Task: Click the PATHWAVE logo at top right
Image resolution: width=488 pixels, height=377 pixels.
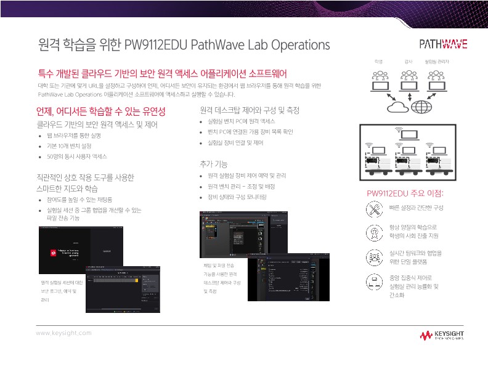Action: (442, 44)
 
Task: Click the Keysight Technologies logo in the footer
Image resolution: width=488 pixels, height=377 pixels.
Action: (442, 335)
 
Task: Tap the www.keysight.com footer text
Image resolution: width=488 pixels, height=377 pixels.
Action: (63, 333)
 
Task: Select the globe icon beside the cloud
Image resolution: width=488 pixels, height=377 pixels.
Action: (422, 107)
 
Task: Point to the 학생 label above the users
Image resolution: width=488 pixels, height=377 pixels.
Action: (379, 62)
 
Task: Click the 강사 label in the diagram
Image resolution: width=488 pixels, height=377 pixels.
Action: (408, 62)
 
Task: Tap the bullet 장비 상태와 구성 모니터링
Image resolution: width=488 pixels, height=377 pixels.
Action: (237, 197)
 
